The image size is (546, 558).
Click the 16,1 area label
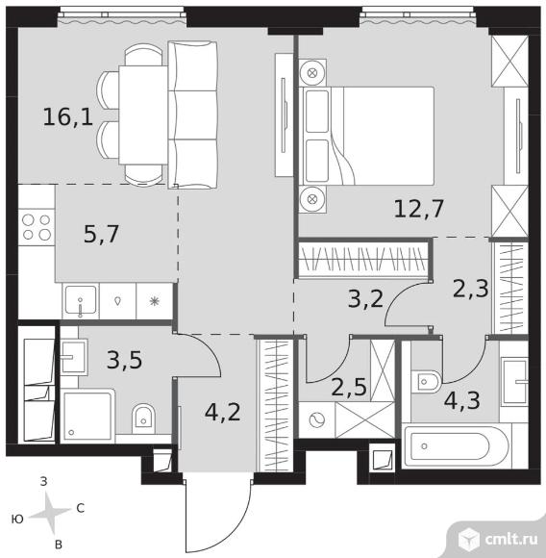click(x=68, y=117)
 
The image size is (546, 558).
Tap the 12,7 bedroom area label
click(x=419, y=209)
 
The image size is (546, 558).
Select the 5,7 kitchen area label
click(x=101, y=234)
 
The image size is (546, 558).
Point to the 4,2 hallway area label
click(x=223, y=412)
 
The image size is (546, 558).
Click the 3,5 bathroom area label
click(x=125, y=360)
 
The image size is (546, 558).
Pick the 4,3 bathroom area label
click(x=462, y=400)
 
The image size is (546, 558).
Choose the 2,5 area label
click(x=349, y=387)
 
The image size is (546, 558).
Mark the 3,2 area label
click(x=366, y=299)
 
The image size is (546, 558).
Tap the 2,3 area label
click(x=471, y=289)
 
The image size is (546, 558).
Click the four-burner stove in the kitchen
click(x=37, y=227)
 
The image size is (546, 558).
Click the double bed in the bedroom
click(x=366, y=136)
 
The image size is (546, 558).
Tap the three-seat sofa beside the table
click(x=192, y=114)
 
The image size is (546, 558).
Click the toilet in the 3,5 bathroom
click(x=143, y=418)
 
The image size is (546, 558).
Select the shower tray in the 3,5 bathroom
click(x=87, y=416)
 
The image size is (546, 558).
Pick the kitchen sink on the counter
click(x=81, y=301)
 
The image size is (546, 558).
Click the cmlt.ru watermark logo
click(x=498, y=540)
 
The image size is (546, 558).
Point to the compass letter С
click(x=81, y=509)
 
